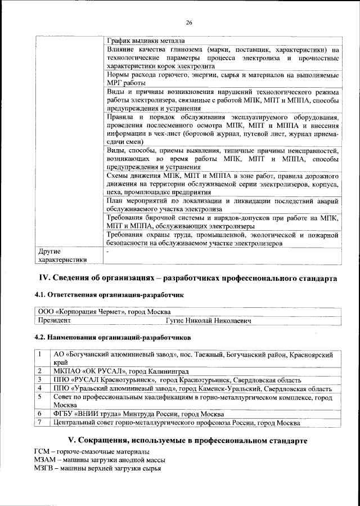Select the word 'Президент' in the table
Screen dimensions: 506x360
[x=54, y=320]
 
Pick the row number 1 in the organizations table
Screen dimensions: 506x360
[x=40, y=355]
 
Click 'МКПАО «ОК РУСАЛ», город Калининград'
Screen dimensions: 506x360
[x=120, y=371]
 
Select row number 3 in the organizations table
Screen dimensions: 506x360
[x=40, y=380]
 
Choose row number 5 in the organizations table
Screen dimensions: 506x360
[x=40, y=397]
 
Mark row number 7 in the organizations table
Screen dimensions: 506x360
[x=40, y=422]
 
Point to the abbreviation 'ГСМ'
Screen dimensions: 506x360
[x=41, y=452]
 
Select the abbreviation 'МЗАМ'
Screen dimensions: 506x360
[x=43, y=460]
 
